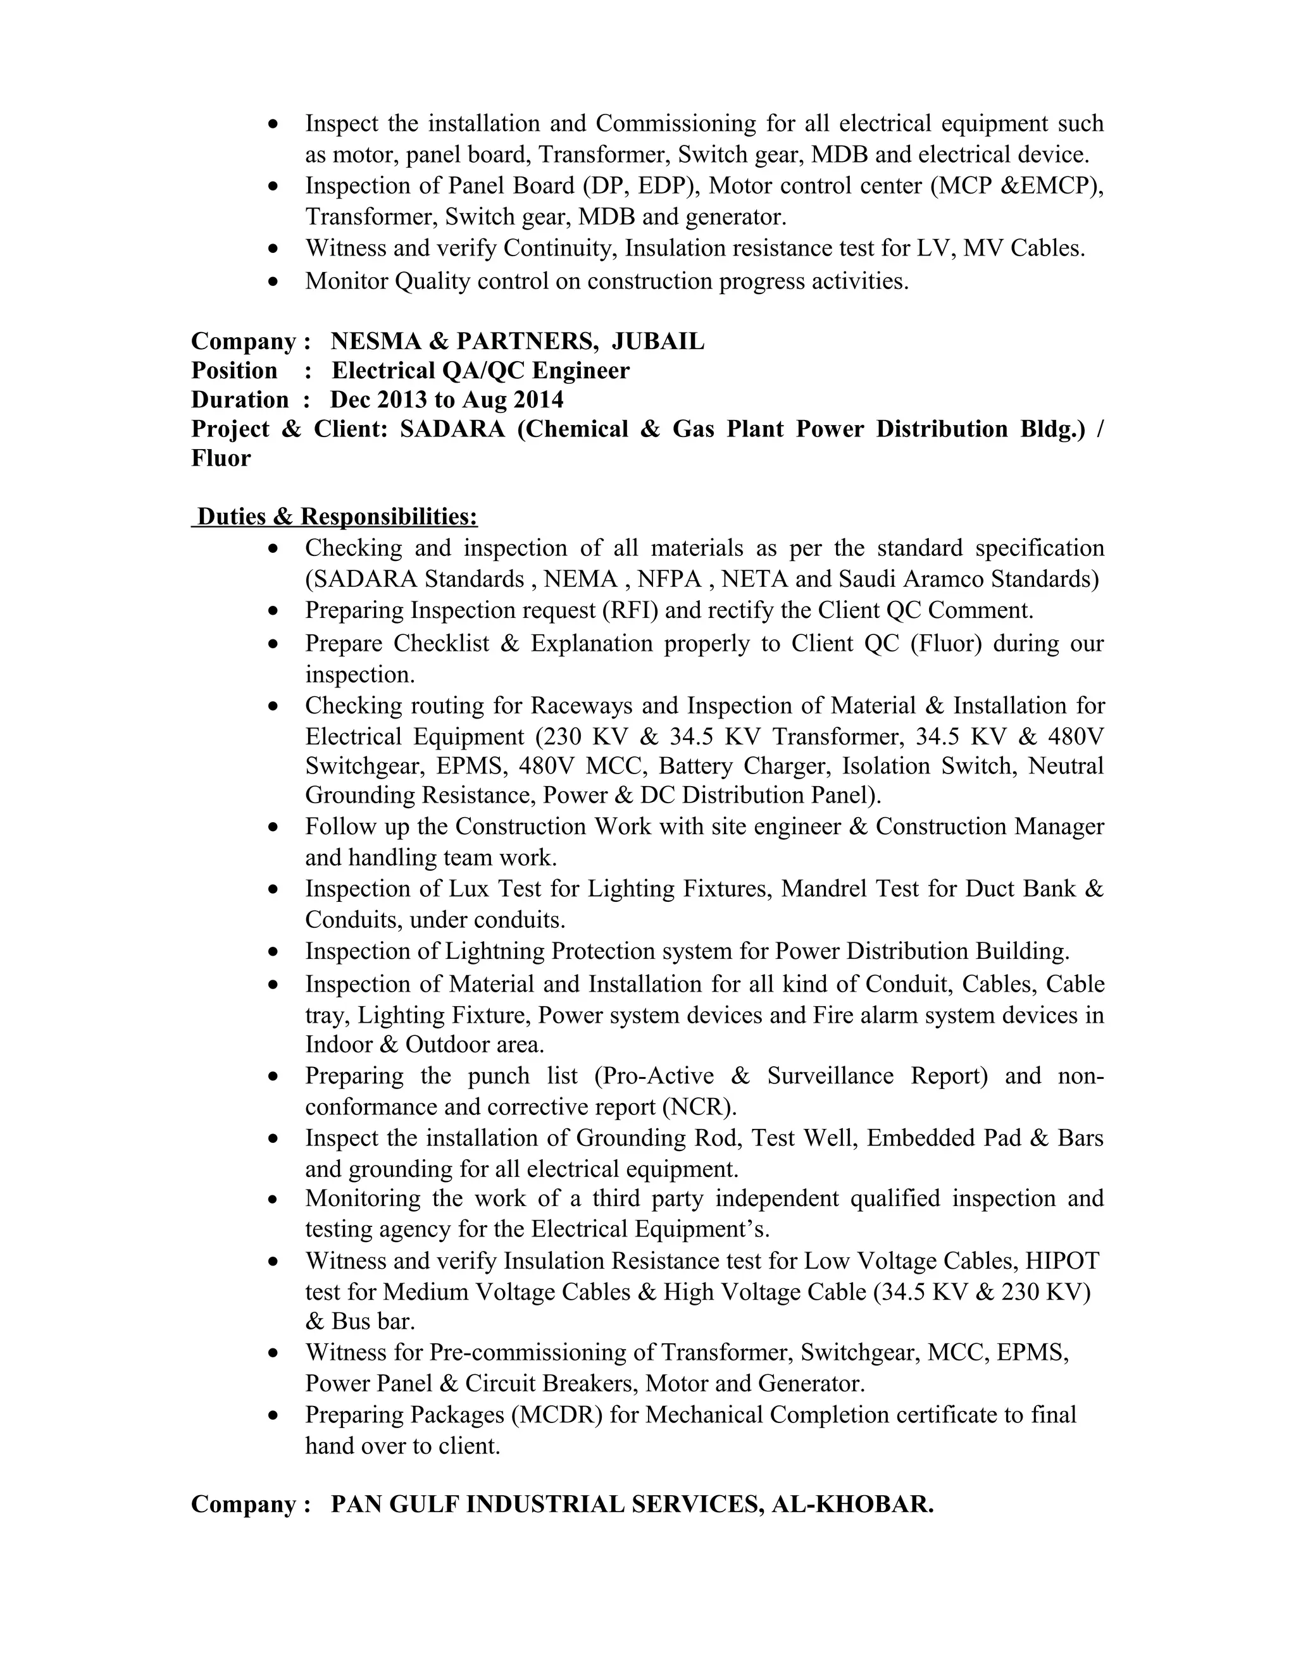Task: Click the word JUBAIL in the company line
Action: tap(658, 342)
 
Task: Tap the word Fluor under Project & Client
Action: tap(221, 458)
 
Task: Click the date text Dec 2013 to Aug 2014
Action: tap(447, 400)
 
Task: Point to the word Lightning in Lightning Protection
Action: tap(494, 952)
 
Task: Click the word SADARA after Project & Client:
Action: tap(452, 429)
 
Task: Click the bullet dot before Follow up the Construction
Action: tap(274, 828)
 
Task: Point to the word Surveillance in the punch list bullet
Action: tap(830, 1076)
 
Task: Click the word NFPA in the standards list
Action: tap(675, 579)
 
